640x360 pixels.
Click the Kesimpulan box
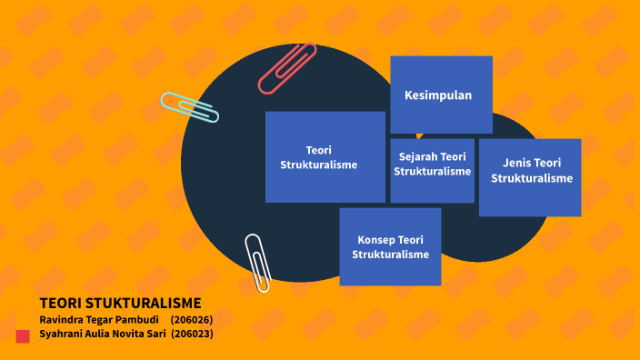point(441,95)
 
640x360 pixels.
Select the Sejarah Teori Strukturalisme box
point(432,170)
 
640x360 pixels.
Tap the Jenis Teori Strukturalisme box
point(530,177)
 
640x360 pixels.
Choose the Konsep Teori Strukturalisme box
point(390,246)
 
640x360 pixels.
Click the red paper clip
point(286,68)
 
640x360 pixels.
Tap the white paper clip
point(258,262)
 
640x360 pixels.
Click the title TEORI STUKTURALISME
point(120,304)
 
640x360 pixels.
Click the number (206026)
point(191,320)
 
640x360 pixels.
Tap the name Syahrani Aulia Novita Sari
point(102,334)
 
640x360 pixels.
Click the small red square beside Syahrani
point(24,335)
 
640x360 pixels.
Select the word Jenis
point(517,163)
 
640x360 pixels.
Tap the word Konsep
point(376,240)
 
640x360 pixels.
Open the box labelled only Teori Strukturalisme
point(325,156)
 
